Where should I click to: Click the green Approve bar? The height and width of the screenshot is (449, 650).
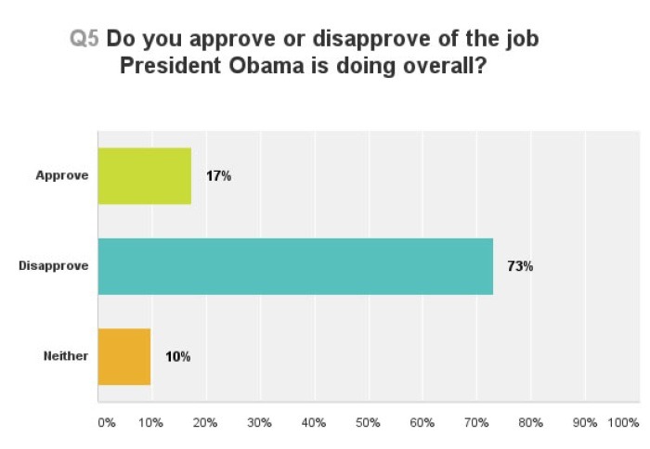144,176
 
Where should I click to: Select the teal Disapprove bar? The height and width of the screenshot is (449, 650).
295,266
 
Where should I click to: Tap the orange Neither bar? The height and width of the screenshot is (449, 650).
124,356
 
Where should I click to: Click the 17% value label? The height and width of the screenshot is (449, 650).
219,176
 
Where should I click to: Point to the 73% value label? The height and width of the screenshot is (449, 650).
520,266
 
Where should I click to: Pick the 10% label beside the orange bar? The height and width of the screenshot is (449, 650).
177,356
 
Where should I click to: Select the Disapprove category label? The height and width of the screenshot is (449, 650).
54,266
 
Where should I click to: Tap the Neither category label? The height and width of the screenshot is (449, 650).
65,356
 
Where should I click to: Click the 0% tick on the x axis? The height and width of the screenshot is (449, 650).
106,422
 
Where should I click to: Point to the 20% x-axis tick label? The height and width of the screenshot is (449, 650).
205,422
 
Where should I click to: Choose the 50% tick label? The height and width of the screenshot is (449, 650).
368,422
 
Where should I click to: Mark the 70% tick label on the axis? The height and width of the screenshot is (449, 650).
476,422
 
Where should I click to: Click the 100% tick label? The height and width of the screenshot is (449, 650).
623,422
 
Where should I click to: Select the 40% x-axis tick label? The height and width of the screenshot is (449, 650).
314,422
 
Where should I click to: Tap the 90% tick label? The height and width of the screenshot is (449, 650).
585,422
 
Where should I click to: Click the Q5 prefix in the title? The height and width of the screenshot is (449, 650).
85,40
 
